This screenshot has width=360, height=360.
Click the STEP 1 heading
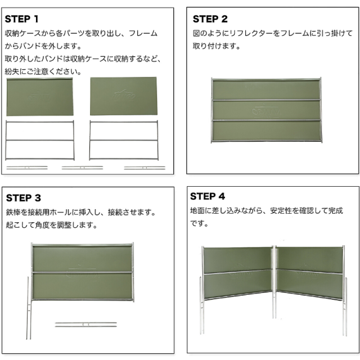[21, 19]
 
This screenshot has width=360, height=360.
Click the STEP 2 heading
[210, 19]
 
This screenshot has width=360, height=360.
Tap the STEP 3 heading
[24, 198]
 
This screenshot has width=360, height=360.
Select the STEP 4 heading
[208, 196]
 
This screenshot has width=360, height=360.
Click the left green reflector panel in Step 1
[40, 97]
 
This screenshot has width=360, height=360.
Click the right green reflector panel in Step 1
[124, 96]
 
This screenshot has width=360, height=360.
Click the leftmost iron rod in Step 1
[27, 168]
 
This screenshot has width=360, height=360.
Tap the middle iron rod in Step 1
[83, 168]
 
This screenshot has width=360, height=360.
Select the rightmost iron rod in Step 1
[145, 168]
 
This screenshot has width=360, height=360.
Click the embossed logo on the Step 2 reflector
[266, 111]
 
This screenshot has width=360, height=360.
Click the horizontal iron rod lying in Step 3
[86, 325]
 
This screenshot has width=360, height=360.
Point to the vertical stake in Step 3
[29, 308]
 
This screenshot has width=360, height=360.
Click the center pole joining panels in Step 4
[274, 282]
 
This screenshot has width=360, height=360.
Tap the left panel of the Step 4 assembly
[237, 273]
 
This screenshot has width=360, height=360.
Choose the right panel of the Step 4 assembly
[310, 273]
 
